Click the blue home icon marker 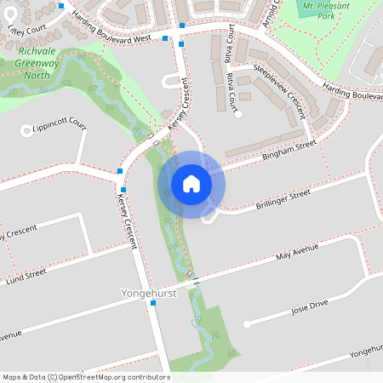click(x=191, y=183)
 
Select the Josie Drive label click(x=309, y=307)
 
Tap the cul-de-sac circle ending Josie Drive click(x=246, y=324)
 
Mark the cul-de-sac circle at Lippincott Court click(x=26, y=131)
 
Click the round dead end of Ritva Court click(x=239, y=113)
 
